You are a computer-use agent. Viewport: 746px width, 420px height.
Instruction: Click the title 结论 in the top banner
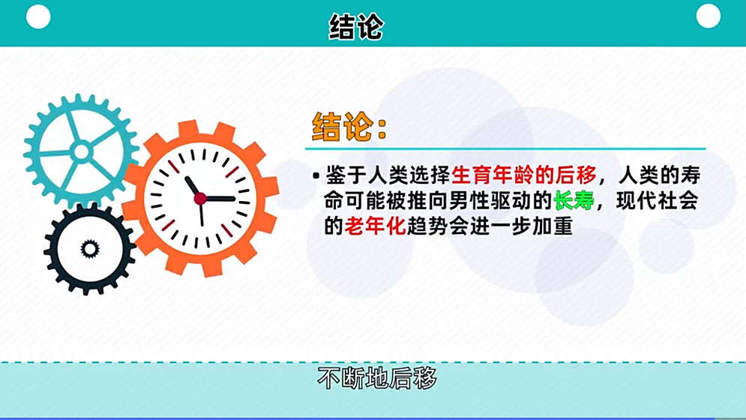(x=356, y=27)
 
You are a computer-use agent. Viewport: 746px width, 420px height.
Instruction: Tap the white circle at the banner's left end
(x=38, y=16)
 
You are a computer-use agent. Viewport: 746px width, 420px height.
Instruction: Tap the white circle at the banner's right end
(x=708, y=16)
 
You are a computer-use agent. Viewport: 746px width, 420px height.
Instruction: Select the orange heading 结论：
(x=349, y=127)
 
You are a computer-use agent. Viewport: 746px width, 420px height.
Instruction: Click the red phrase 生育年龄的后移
(x=524, y=175)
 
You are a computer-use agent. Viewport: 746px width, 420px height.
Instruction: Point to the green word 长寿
(x=575, y=200)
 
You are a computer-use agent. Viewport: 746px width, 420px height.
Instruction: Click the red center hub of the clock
(x=200, y=199)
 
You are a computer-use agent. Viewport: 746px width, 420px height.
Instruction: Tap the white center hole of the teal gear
(x=81, y=152)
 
